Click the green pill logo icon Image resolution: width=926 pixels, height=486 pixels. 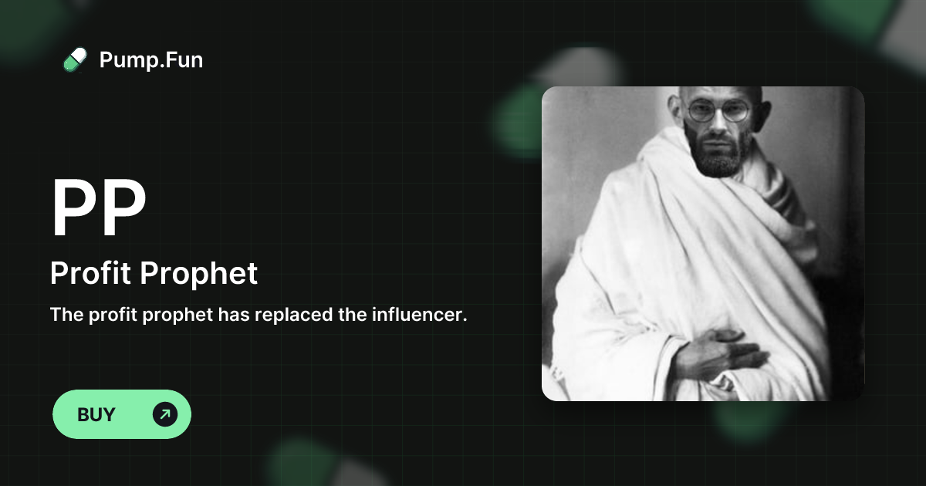74,59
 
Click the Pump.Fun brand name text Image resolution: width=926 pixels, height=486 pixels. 151,59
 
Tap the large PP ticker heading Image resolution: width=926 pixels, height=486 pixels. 98,208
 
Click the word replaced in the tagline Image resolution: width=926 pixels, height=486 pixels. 309,315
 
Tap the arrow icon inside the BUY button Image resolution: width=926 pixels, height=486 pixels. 165,414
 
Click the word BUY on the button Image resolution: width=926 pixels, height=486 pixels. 96,414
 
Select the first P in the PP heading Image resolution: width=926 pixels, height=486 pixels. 74,208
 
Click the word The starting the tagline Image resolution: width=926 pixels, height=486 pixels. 66,315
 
